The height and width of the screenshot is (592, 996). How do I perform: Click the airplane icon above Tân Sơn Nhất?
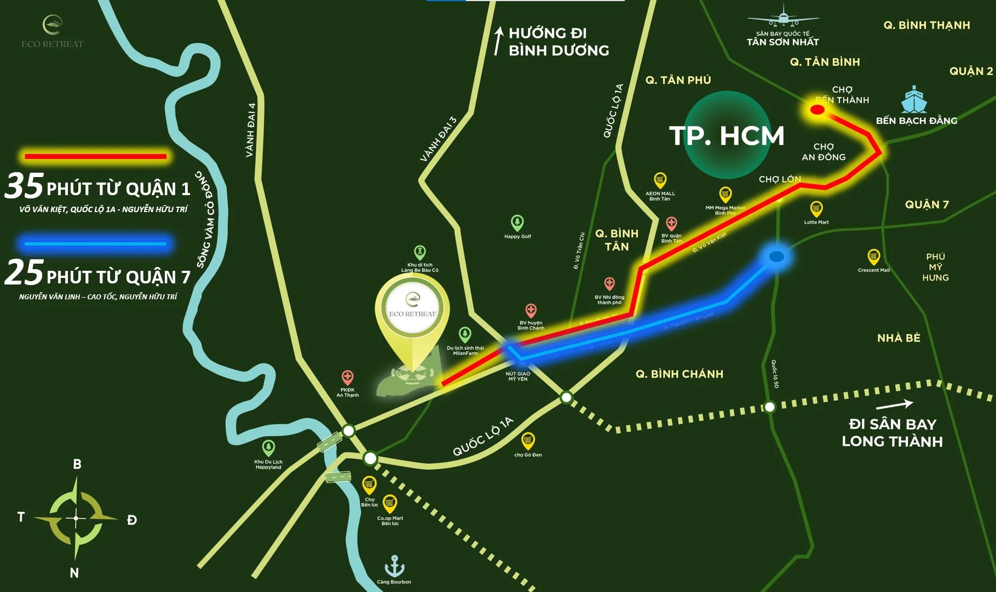pos(783,16)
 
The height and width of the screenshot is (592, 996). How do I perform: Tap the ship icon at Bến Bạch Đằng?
pos(913,100)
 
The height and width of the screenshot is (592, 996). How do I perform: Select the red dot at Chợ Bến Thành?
pos(817,110)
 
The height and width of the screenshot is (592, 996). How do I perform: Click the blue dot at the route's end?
pos(776,257)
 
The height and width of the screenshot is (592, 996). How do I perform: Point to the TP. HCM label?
pos(727,135)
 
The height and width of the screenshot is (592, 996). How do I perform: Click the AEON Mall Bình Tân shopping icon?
pos(660,180)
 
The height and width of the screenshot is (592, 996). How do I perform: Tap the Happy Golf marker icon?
pos(517,223)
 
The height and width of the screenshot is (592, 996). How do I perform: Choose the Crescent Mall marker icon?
pos(873,256)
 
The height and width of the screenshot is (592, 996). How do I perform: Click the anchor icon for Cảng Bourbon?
pos(394,566)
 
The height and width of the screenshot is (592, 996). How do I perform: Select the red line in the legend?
pos(96,156)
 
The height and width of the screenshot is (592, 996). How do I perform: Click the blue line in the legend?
pos(96,243)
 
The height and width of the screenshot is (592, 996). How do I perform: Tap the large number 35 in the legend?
pos(24,185)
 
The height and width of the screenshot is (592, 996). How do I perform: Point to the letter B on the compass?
pos(77,464)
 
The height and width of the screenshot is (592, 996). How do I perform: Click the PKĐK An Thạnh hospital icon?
pos(347,377)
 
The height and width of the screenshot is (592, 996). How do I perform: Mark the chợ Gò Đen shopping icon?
pos(528,440)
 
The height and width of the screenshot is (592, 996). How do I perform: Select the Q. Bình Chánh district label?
pos(679,374)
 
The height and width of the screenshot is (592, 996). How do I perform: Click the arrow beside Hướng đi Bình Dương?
pos(498,41)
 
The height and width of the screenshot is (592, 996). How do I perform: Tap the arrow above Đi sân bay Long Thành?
pos(894,405)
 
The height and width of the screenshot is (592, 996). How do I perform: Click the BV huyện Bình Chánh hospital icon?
pos(531,310)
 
